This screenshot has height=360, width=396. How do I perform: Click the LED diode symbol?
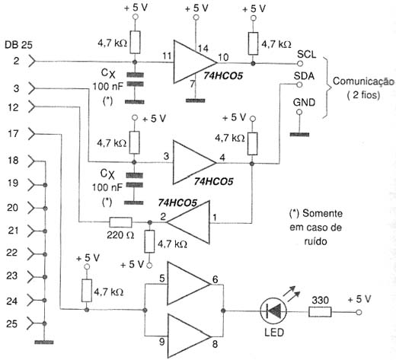tap(273, 311)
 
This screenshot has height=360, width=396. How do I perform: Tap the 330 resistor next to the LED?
tap(320, 312)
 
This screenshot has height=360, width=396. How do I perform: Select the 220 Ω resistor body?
tap(120, 222)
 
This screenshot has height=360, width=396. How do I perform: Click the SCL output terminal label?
tap(307, 54)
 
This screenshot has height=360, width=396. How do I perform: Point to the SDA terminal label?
tap(304, 76)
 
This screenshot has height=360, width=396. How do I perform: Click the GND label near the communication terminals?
tap(304, 102)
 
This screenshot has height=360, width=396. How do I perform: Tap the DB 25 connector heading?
tap(18, 45)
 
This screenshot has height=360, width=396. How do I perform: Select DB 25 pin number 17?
tap(13, 133)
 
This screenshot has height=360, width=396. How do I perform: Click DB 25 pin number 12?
tap(13, 107)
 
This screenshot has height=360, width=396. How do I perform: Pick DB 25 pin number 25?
tap(12, 323)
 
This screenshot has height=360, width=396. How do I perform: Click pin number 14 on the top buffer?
tap(203, 48)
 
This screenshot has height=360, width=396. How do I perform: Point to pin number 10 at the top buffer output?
tap(223, 57)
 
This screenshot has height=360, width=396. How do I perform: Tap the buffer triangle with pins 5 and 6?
tap(189, 284)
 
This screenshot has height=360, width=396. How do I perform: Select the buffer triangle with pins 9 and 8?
tap(190, 336)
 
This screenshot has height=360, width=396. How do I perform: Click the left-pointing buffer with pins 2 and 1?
tap(188, 222)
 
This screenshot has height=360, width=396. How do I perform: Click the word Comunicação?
tap(363, 81)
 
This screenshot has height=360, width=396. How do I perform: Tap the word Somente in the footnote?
tap(322, 213)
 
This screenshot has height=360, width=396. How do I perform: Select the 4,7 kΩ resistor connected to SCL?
tap(253, 43)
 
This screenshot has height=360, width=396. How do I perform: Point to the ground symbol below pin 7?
tap(195, 100)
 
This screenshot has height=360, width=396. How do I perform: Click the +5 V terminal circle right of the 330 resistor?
tap(359, 312)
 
